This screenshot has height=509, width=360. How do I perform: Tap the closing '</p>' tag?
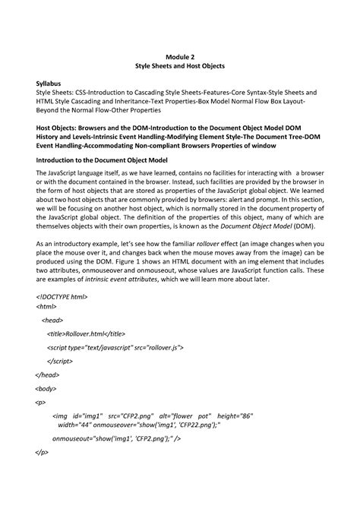pos(43,454)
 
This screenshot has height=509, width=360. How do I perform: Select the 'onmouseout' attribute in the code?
pos(74,439)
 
